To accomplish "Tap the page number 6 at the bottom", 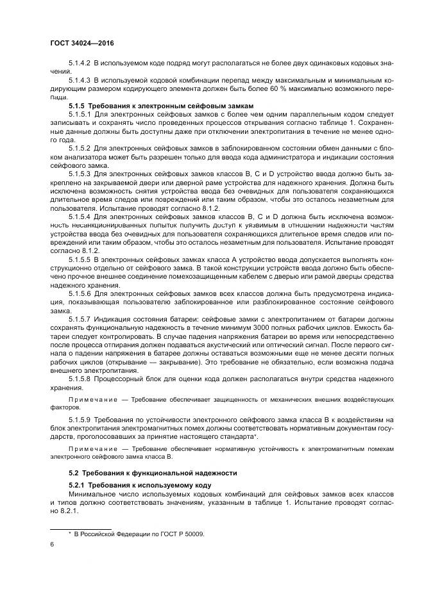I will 52,545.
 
